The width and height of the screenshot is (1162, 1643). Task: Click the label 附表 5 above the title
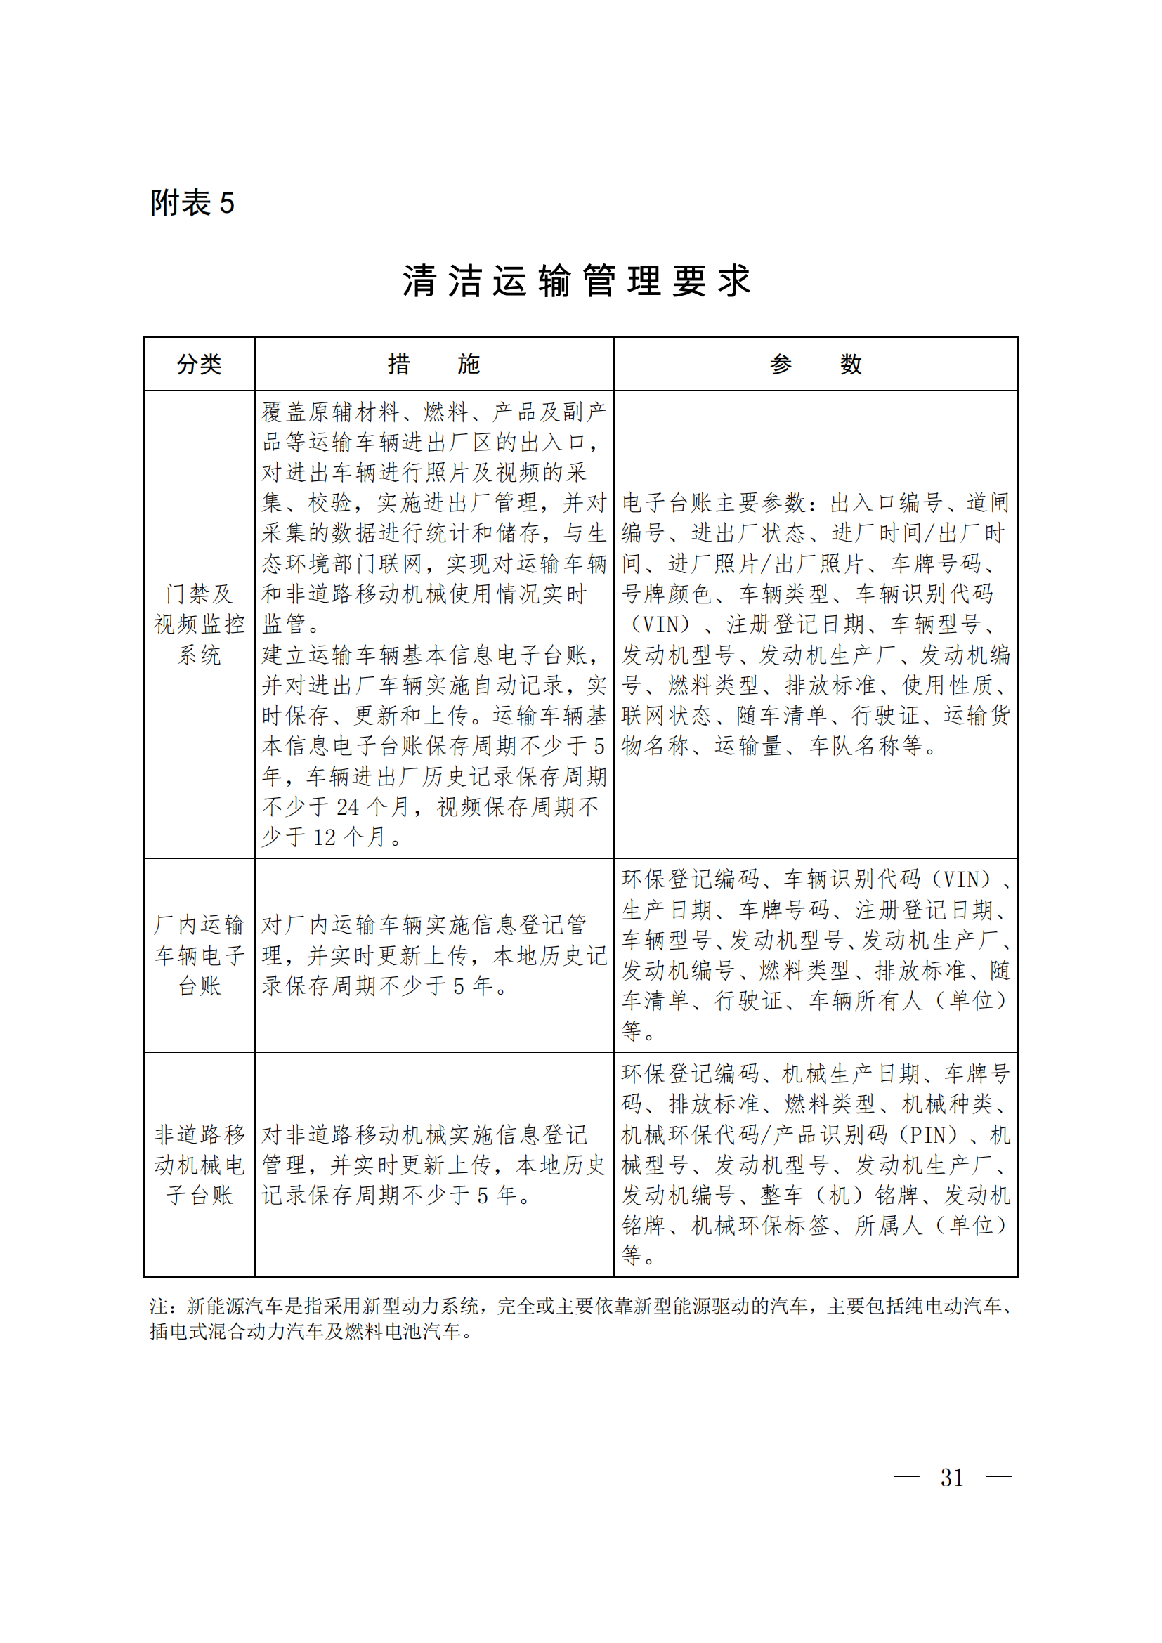click(x=192, y=203)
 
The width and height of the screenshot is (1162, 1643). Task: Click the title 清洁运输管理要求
click(x=577, y=280)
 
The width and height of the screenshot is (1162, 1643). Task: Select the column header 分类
click(x=199, y=365)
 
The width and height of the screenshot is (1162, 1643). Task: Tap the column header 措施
click(x=433, y=365)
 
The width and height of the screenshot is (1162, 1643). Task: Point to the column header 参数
click(x=816, y=365)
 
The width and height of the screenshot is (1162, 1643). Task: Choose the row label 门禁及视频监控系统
click(x=199, y=624)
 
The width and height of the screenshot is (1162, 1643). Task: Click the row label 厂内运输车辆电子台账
click(x=199, y=955)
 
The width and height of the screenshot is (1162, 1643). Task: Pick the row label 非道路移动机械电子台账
click(x=199, y=1165)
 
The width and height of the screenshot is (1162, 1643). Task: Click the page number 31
click(x=952, y=1478)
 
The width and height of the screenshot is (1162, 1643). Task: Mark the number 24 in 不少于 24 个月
click(x=348, y=807)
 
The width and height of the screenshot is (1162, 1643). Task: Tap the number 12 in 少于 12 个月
click(x=324, y=837)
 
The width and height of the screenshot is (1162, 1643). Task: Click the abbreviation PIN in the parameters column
click(x=929, y=1135)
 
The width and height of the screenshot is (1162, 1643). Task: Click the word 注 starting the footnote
click(x=158, y=1307)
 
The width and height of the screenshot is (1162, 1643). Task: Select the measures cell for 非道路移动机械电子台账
click(x=433, y=1165)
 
